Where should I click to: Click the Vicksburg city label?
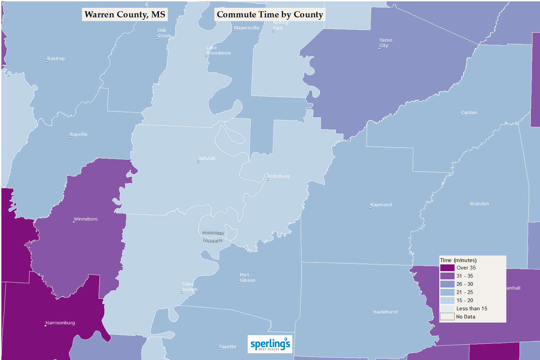click(279, 176)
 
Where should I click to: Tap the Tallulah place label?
click(207, 158)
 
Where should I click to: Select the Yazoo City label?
click(386, 43)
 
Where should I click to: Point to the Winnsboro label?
click(86, 219)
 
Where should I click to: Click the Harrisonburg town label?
click(60, 323)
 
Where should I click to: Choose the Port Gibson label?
click(247, 277)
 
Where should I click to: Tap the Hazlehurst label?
click(386, 312)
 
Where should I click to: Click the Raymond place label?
click(381, 204)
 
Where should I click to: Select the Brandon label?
click(479, 203)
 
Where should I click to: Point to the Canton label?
click(469, 112)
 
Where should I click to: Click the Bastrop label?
click(56, 58)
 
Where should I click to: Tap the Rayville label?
click(79, 134)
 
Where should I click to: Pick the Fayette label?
click(228, 346)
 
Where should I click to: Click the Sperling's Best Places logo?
click(270, 344)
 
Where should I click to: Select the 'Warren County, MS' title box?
click(125, 14)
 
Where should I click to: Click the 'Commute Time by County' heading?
click(270, 14)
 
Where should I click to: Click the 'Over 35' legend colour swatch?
click(447, 268)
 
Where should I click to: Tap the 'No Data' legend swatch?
click(447, 317)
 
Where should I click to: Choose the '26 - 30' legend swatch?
click(447, 284)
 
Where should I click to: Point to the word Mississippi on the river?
click(213, 233)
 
